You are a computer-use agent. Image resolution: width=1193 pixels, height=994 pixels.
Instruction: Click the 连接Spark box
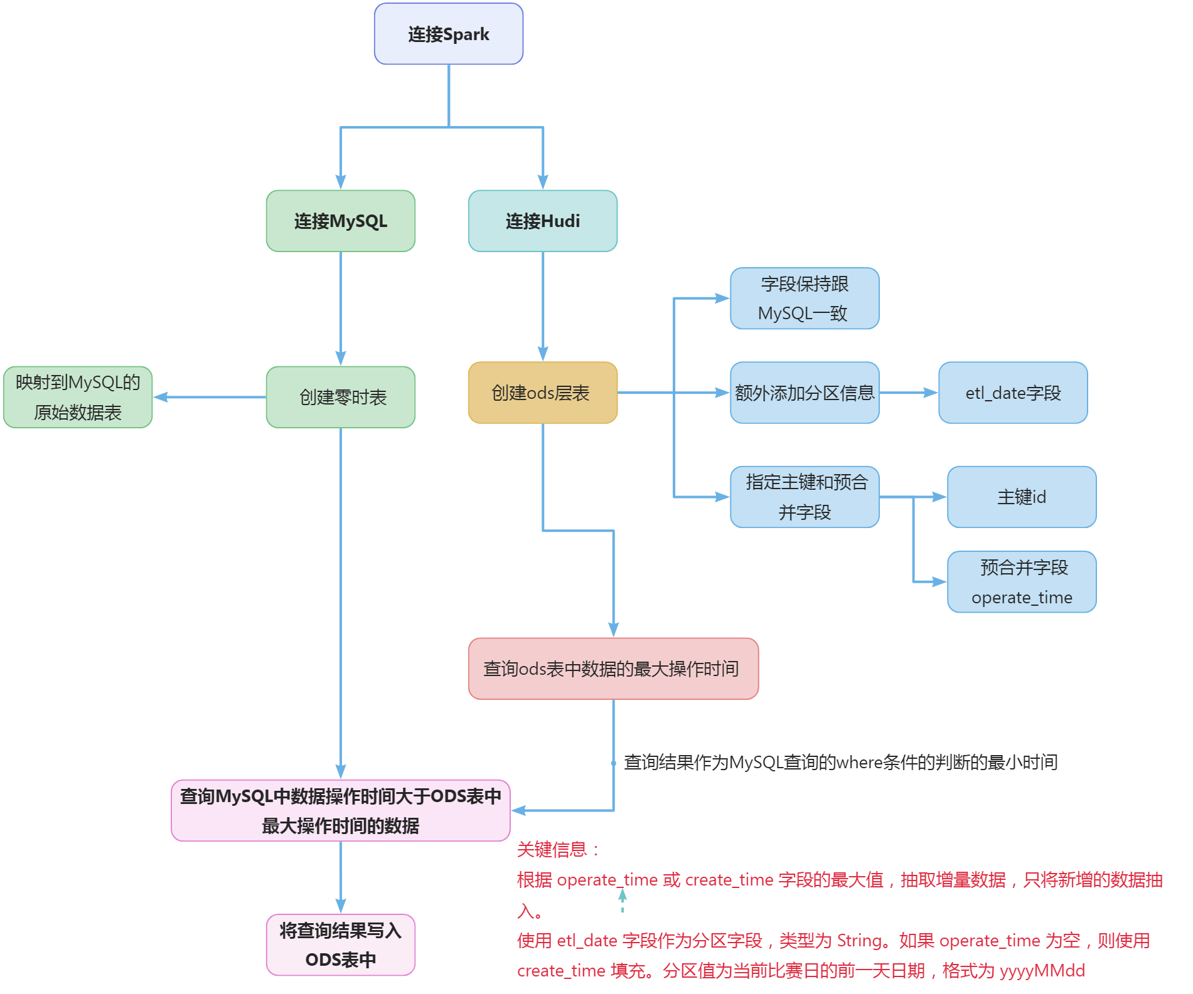pyautogui.click(x=448, y=34)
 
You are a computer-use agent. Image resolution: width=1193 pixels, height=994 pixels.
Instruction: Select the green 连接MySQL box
pyautogui.click(x=340, y=221)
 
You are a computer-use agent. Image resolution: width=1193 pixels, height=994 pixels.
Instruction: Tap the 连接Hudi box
pyautogui.click(x=542, y=221)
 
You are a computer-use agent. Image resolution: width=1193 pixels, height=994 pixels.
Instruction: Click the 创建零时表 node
pyautogui.click(x=340, y=397)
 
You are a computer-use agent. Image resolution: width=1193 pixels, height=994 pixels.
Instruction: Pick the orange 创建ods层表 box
pyautogui.click(x=542, y=393)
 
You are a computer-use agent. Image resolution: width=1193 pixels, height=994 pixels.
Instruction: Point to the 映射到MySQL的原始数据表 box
pyautogui.click(x=78, y=397)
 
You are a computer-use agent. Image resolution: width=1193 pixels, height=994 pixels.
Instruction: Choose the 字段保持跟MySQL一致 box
pyautogui.click(x=804, y=299)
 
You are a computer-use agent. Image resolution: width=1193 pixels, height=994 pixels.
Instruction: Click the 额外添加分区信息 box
pyautogui.click(x=804, y=393)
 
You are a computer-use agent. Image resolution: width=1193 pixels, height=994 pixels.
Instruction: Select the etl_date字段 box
pyautogui.click(x=1012, y=393)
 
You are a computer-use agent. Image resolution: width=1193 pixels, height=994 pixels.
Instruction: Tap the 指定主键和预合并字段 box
pyautogui.click(x=804, y=497)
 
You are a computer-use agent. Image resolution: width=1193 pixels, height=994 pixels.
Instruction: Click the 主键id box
pyautogui.click(x=1021, y=497)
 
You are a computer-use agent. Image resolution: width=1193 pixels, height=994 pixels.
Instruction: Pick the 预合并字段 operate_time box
pyautogui.click(x=1021, y=582)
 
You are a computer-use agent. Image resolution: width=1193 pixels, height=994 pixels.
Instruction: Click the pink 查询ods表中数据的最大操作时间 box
pyautogui.click(x=613, y=669)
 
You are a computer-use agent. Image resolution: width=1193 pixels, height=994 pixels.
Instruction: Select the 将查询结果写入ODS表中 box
pyautogui.click(x=340, y=944)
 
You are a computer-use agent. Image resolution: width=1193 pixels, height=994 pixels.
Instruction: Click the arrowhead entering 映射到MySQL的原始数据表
pyautogui.click(x=160, y=397)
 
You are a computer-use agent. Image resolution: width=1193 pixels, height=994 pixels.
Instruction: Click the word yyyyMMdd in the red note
pyautogui.click(x=1042, y=971)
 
